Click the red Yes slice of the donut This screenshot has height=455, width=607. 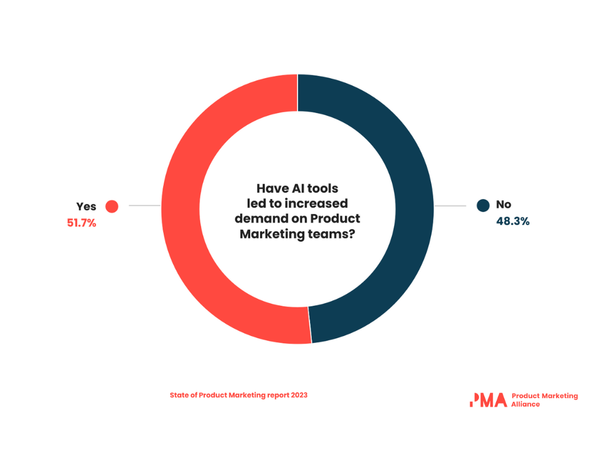pos(181,207)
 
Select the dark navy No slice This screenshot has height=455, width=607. pos(414,207)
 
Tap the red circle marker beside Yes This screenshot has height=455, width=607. pos(111,206)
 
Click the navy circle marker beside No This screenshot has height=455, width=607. pos(483,206)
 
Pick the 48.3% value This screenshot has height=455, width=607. pos(513,221)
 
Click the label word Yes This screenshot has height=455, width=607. pos(86,207)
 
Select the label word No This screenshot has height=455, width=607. pos(503,205)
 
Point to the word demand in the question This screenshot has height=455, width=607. pos(257,219)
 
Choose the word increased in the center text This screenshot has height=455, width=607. pos(317,204)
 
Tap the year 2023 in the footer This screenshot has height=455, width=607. pos(299,395)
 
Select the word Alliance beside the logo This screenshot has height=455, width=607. pos(525,404)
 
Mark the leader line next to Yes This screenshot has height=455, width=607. pos(144,206)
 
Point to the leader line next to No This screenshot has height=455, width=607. pos(450,206)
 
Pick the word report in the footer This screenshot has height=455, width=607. pos(277,395)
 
